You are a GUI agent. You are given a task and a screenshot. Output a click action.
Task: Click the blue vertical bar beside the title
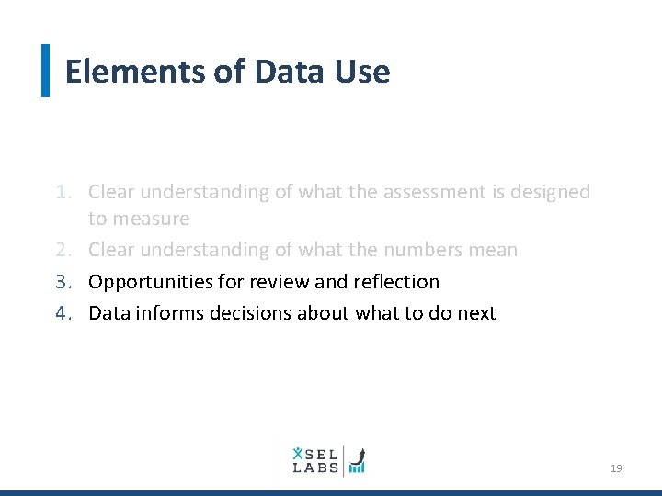coord(46,71)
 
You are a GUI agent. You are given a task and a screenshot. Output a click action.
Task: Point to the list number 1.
coord(61,192)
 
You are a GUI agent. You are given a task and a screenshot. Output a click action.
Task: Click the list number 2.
coord(61,250)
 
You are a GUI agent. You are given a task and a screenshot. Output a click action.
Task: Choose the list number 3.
coord(61,281)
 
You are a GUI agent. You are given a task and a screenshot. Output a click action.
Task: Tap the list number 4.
coord(61,313)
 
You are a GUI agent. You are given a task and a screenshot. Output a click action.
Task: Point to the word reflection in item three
coord(397,281)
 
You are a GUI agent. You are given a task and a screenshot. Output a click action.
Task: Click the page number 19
coord(616,468)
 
